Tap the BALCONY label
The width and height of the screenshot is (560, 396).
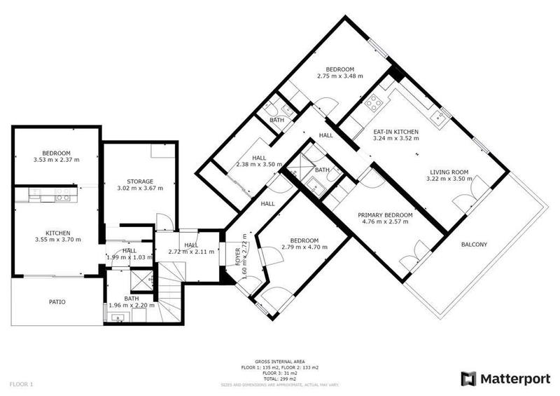click(x=474, y=245)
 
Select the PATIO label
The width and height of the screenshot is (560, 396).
click(x=57, y=302)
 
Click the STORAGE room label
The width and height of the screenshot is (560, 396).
click(x=139, y=181)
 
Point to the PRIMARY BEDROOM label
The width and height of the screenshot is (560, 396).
click(x=384, y=215)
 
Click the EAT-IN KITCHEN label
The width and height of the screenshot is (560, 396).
click(x=396, y=131)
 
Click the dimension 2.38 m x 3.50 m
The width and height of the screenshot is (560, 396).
click(x=259, y=165)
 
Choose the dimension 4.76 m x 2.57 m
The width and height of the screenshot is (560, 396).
click(x=384, y=223)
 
